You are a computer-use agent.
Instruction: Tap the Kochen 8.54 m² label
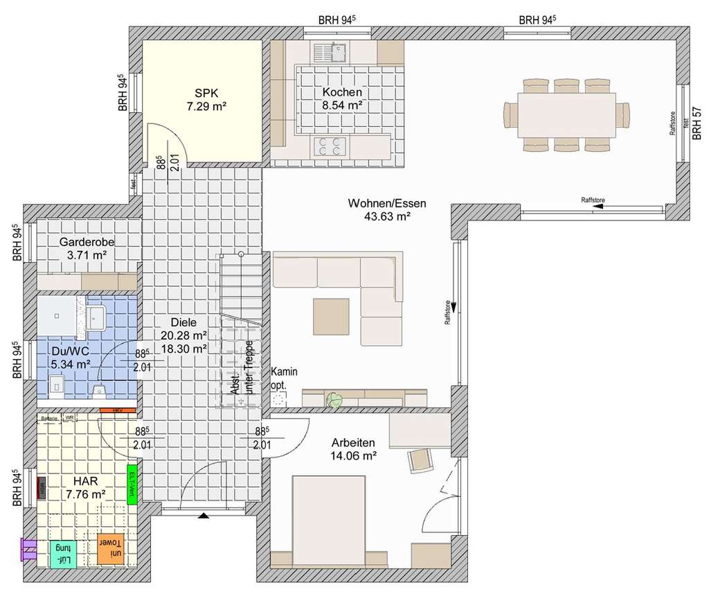coord(342,98)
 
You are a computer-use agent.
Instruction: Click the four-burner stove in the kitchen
coord(330,146)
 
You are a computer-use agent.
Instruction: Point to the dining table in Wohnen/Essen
coord(566,115)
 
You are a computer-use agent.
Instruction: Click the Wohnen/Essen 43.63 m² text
coord(387,209)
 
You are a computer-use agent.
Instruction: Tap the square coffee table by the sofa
coord(331,316)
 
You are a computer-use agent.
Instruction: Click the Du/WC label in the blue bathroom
coord(71,356)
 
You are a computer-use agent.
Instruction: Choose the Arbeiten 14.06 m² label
coord(353,448)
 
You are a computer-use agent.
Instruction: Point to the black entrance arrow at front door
coord(204,516)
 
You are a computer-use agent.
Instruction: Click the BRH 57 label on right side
coord(697,123)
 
